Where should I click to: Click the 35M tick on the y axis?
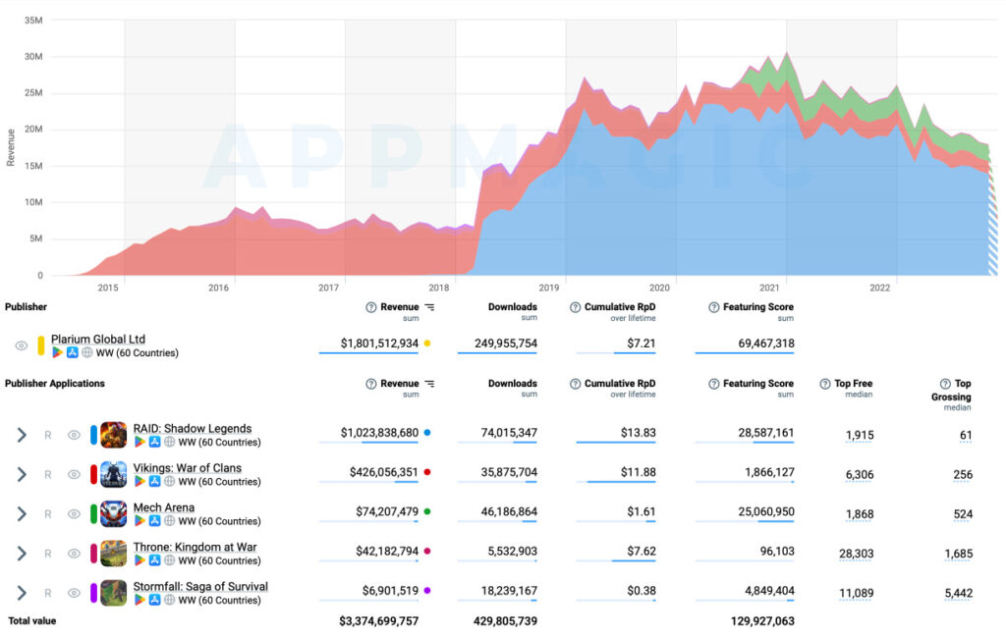click(x=32, y=20)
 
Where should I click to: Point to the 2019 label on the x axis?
click(x=548, y=288)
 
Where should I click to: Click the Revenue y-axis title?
click(x=11, y=147)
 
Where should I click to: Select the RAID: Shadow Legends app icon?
click(x=113, y=435)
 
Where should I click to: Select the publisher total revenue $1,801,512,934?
click(x=379, y=344)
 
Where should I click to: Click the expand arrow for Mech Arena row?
click(x=22, y=513)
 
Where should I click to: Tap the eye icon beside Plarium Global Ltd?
click(x=21, y=345)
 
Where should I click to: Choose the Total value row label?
click(x=32, y=621)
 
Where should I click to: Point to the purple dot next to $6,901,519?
click(x=427, y=590)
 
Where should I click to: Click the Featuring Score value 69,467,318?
click(x=756, y=344)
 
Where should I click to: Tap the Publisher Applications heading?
click(x=55, y=384)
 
